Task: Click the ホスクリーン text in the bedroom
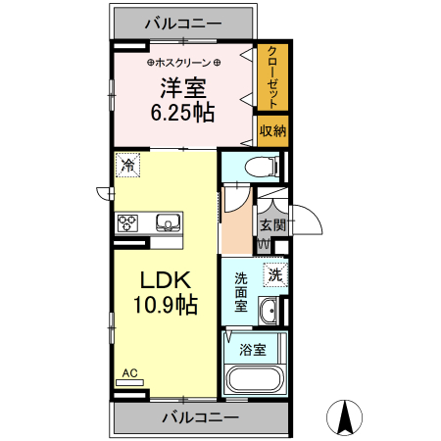click(183, 61)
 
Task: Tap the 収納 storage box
click(272, 130)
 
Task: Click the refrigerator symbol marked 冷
click(127, 165)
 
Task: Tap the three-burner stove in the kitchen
click(129, 223)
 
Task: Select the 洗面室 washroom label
click(241, 291)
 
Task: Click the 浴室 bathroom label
click(253, 349)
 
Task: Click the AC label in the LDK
click(129, 373)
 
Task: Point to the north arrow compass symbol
click(345, 419)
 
